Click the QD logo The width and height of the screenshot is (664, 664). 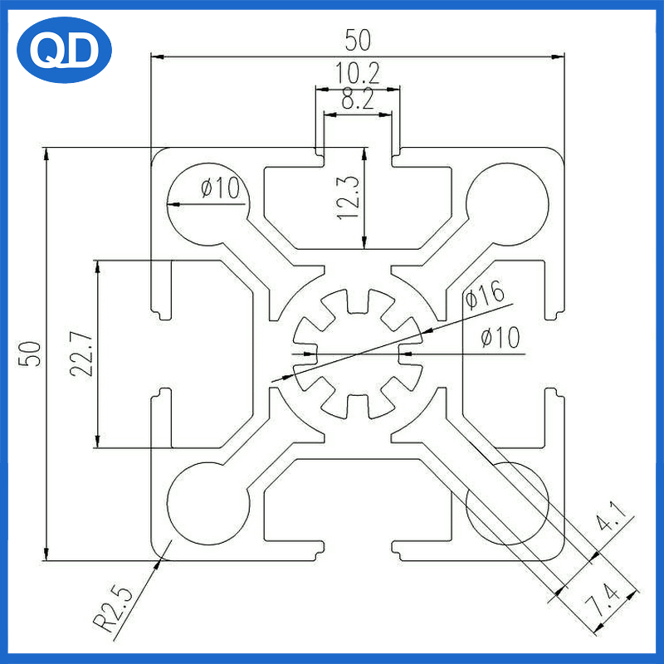point(64,50)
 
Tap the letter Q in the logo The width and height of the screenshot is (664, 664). point(46,51)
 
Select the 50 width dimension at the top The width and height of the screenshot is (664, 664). point(358,40)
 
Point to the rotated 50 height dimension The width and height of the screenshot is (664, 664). point(30,354)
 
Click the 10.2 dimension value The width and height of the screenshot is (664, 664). point(358,73)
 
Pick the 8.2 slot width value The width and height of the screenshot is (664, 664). point(358,99)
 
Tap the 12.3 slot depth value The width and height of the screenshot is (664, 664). point(348,198)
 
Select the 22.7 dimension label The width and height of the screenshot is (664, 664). point(81,354)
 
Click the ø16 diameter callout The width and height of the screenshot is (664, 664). point(486,295)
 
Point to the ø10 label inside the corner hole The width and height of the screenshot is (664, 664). point(220,188)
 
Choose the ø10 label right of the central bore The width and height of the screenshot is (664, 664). point(500,338)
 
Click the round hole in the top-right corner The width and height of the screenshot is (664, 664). point(507,204)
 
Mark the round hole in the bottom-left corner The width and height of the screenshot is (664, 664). point(208,503)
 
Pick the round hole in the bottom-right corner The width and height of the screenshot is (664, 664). point(507,503)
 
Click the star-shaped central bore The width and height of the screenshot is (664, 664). point(358,354)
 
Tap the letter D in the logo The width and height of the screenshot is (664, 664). point(82,51)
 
